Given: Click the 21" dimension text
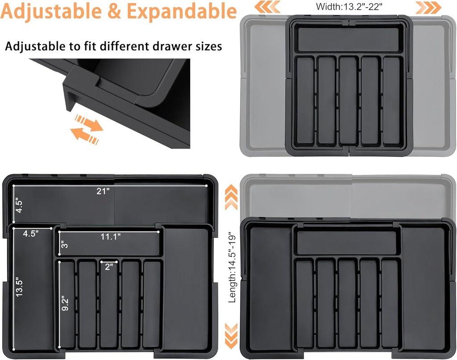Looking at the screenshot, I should [x=103, y=191].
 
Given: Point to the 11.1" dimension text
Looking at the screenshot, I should [x=111, y=237].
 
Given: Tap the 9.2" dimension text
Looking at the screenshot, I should [x=66, y=304].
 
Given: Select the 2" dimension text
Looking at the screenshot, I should [x=108, y=267].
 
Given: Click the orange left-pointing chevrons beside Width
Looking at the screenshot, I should [x=266, y=6].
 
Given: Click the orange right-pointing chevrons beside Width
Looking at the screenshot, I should [x=429, y=6].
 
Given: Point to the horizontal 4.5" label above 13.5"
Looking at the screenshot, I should [x=31, y=233].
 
